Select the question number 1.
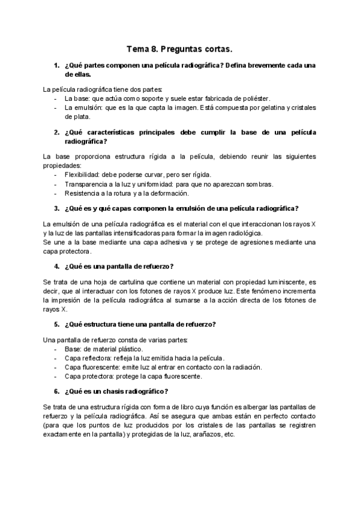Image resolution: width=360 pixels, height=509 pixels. (56, 65)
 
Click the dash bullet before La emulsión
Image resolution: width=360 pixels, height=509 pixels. (56, 108)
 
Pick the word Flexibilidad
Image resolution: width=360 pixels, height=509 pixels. (83, 175)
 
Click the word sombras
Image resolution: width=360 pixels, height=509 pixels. (258, 184)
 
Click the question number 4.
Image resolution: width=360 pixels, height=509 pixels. (56, 267)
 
